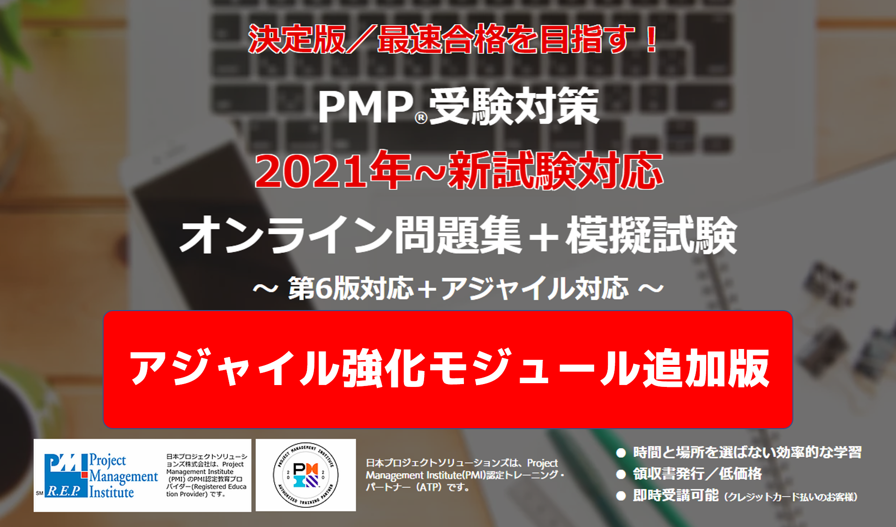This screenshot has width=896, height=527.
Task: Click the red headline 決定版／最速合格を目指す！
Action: (x=454, y=39)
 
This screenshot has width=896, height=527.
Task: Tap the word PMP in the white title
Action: (x=366, y=107)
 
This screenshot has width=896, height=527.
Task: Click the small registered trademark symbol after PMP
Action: (x=421, y=118)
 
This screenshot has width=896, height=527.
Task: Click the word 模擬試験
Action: (x=651, y=235)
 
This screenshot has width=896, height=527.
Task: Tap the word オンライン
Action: (x=286, y=235)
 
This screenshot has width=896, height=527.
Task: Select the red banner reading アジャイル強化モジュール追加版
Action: (x=448, y=369)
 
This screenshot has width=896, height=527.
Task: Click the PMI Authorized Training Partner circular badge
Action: (x=306, y=475)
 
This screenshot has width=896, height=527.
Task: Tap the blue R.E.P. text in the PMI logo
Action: (x=64, y=491)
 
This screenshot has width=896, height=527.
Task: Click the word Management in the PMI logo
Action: (x=124, y=476)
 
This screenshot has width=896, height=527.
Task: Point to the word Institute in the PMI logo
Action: (x=112, y=492)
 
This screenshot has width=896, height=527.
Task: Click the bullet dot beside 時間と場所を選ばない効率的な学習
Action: (x=621, y=453)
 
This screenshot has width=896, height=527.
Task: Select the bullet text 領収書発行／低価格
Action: (x=697, y=474)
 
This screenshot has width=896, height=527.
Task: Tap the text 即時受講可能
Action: (x=676, y=495)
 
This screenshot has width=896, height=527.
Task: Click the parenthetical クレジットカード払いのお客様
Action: (x=791, y=497)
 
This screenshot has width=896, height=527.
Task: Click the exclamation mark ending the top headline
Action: (x=651, y=39)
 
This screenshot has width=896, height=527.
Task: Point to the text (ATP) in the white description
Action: (x=429, y=487)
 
